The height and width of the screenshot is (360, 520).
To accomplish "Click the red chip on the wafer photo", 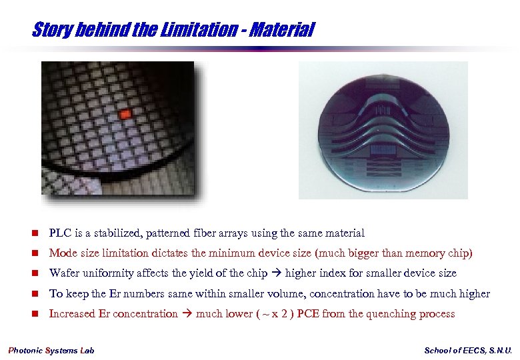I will click(125, 115).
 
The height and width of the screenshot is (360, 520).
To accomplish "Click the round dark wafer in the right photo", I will click(383, 131).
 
